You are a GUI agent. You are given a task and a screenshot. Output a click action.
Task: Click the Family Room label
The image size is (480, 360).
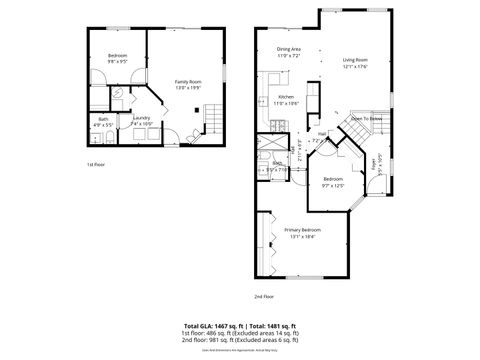click(x=188, y=82)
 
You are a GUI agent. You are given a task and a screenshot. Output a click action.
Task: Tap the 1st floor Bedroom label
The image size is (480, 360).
click(x=118, y=56)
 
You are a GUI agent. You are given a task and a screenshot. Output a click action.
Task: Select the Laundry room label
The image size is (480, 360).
click(x=141, y=118)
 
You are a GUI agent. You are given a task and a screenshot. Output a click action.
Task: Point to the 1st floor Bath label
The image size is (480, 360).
click(x=103, y=120)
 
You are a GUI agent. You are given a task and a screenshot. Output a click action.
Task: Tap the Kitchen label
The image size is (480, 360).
click(x=286, y=96)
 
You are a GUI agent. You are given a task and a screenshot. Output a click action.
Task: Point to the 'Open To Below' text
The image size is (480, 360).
click(x=366, y=118)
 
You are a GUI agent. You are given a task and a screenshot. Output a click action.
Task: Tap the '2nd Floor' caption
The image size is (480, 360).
click(x=264, y=296)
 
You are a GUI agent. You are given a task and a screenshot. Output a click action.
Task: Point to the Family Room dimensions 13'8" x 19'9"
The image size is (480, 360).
click(x=188, y=88)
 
